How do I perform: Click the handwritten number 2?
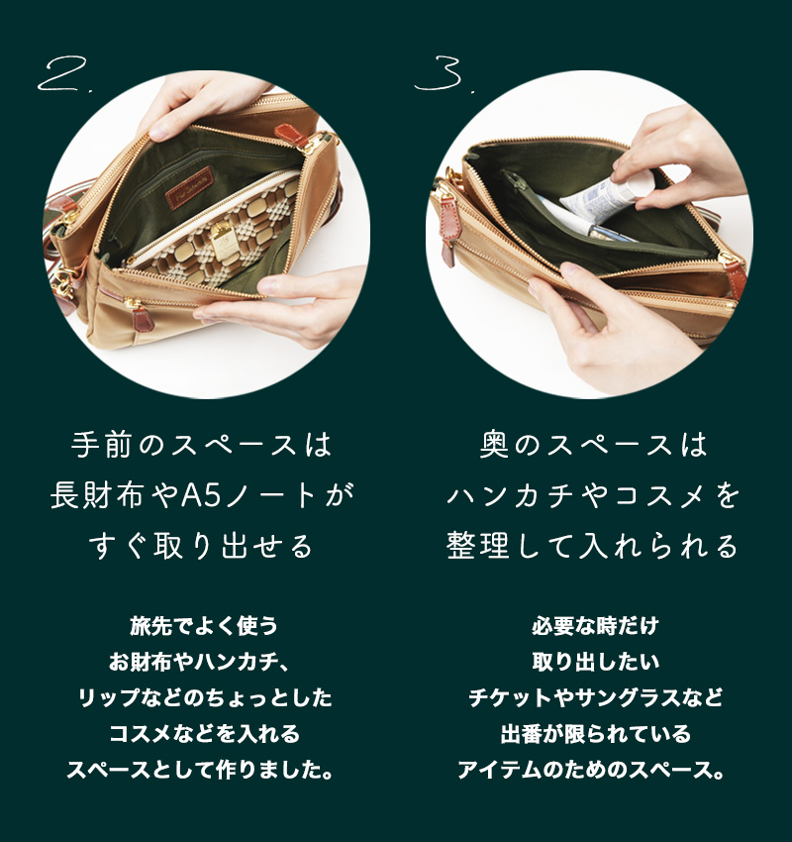(x=60, y=74)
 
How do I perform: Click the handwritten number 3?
(x=440, y=74)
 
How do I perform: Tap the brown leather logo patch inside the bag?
(x=189, y=188)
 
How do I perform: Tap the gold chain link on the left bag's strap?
(x=64, y=279)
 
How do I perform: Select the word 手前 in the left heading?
(x=101, y=445)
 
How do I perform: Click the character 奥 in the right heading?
(x=494, y=445)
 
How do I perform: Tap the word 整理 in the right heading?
(x=477, y=546)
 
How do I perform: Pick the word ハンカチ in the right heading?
(x=514, y=495)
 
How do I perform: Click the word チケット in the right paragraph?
(x=512, y=698)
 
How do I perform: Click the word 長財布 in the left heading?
(x=97, y=495)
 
